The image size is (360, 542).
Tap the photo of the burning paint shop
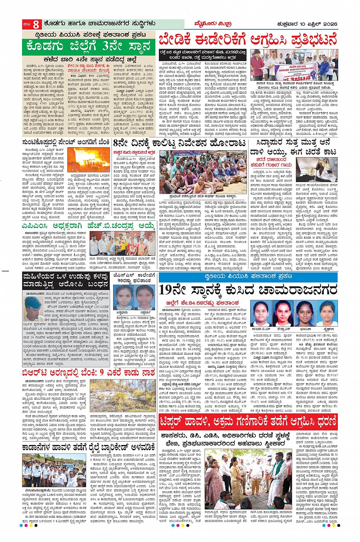coord(88,160)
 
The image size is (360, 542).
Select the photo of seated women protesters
coord(199,172)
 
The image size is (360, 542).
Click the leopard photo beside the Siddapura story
coord(317,170)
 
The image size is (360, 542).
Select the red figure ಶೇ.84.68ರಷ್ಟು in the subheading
coord(219,303)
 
